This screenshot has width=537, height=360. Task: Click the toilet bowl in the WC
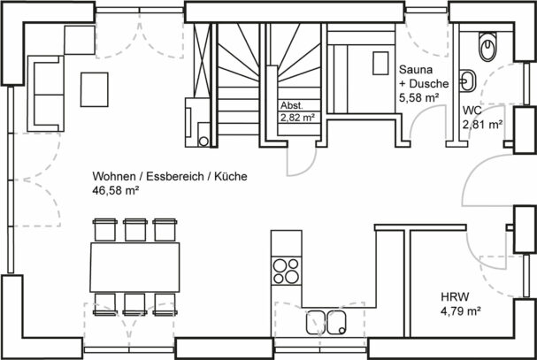pos(487,47)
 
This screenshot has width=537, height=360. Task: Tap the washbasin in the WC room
pos(467,81)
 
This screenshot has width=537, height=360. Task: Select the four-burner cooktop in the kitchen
pos(287,271)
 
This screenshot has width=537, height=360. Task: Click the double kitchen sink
pos(326,322)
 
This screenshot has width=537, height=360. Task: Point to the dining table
pos(134,267)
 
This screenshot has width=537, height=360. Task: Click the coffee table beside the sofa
pos(95,89)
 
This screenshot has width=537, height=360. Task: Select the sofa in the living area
pos(46,94)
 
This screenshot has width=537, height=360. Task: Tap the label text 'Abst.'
pos(292,105)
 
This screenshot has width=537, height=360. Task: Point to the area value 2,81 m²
pos(482,125)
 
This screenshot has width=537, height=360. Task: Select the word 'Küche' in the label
pos(231,176)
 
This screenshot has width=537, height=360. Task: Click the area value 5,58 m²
pos(418,98)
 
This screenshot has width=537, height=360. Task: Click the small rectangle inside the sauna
pos(380,63)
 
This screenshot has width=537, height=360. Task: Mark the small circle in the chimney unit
pos(203,142)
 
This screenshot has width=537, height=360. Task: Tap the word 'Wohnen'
pos(114,176)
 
